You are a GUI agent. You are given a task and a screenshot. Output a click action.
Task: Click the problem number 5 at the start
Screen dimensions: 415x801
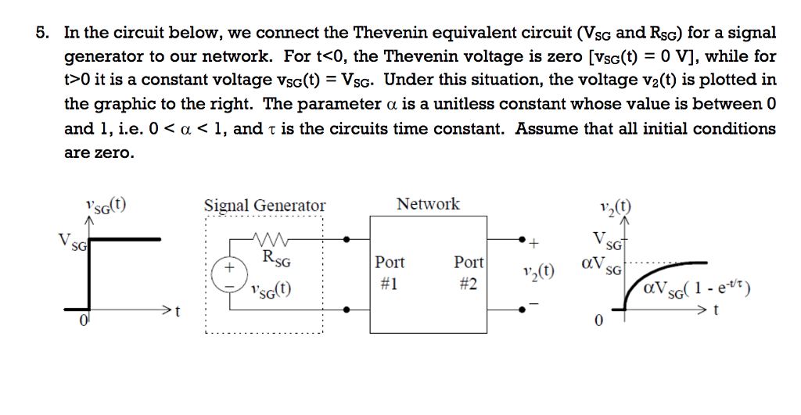41,33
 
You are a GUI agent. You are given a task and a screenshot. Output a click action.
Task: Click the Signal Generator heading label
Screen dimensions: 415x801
264,206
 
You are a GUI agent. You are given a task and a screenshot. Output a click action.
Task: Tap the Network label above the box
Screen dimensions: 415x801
428,204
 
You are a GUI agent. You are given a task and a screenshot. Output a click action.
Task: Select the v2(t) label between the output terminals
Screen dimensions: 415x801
537,272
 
